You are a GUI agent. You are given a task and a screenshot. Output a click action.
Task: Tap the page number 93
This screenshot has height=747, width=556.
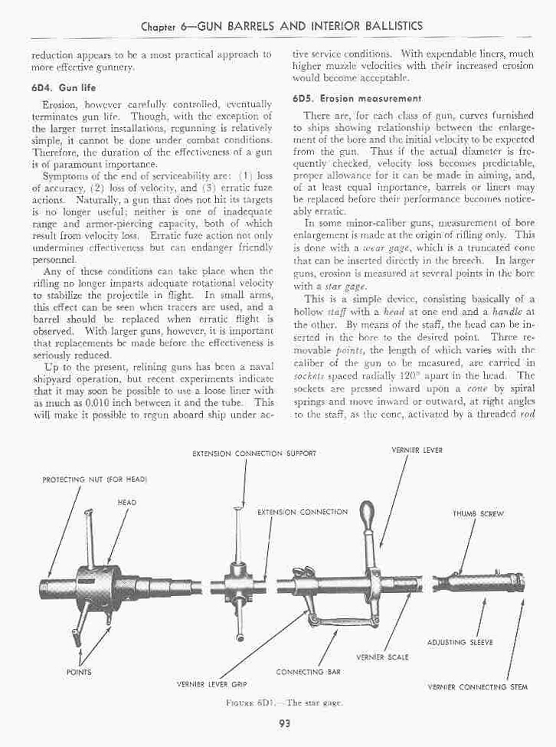click(x=277, y=718)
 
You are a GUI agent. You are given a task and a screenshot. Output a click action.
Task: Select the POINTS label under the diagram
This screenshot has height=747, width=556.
click(x=80, y=671)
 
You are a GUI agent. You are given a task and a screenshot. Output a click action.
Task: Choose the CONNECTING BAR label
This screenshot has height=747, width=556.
click(x=308, y=671)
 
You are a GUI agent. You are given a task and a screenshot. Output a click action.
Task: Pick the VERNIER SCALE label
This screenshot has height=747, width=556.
click(x=382, y=657)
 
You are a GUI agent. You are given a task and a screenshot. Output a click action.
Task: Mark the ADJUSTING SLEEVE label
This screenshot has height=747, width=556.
click(x=470, y=642)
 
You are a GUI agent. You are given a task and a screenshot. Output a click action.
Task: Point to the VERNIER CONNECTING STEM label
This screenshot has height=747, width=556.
click(x=478, y=686)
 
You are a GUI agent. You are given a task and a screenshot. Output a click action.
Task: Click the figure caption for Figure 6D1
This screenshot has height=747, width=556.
click(x=277, y=701)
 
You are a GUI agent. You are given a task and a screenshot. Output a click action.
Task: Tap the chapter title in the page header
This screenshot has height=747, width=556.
click(x=282, y=25)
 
